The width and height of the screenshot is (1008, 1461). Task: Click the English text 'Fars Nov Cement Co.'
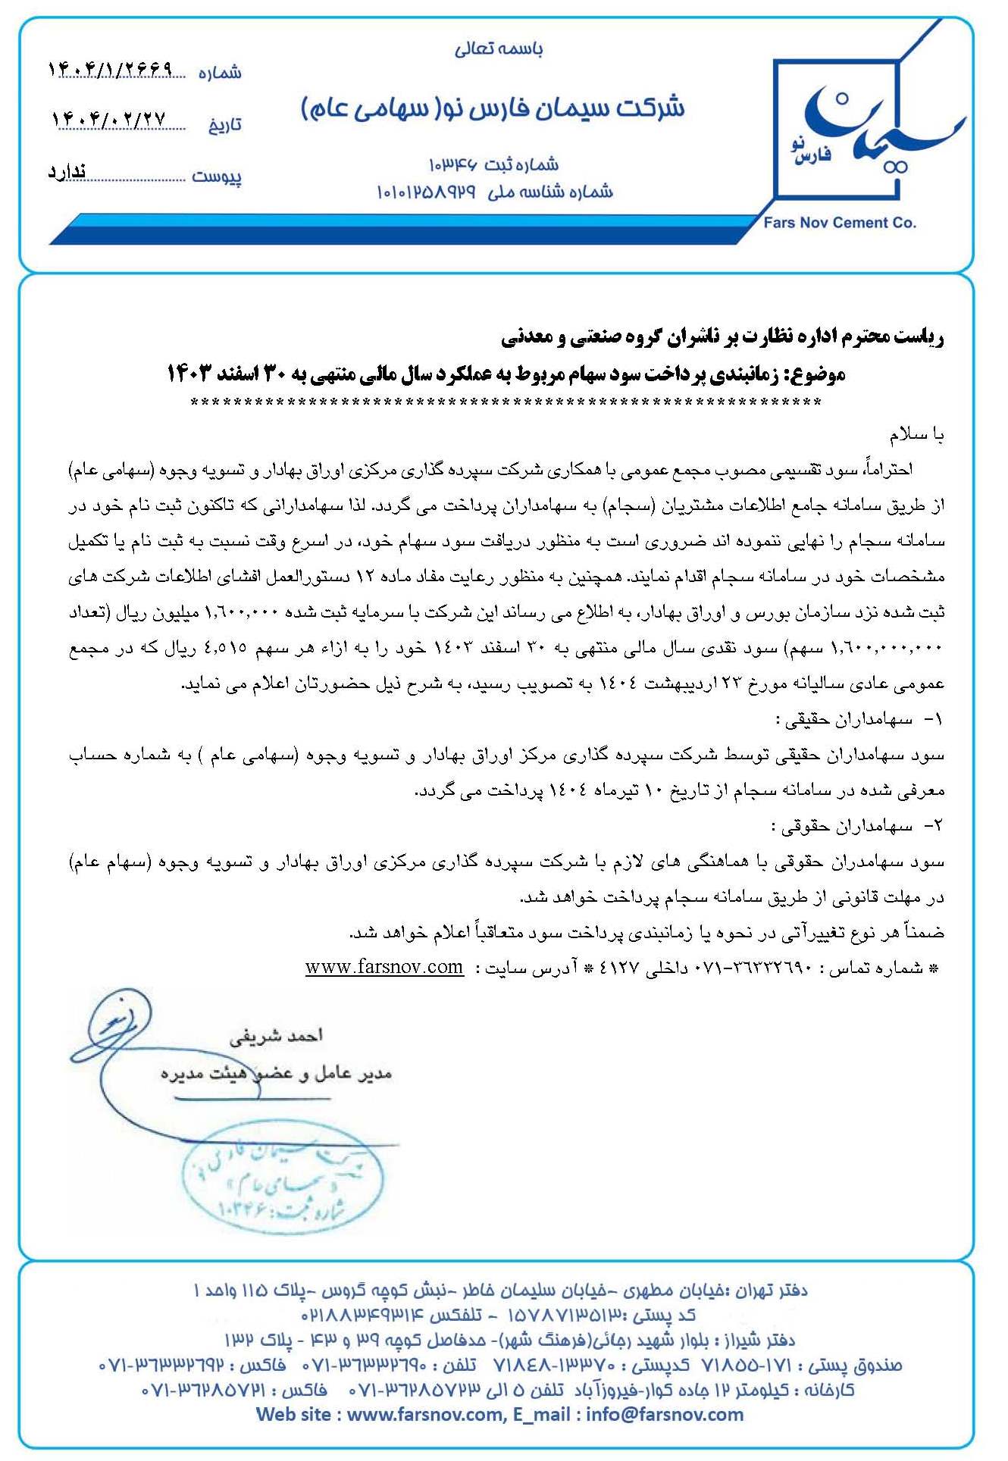tap(840, 223)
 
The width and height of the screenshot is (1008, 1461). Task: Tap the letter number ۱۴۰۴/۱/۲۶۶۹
tap(111, 70)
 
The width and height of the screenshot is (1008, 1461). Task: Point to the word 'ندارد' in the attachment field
tap(67, 173)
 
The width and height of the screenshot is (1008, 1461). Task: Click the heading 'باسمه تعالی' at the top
tap(498, 49)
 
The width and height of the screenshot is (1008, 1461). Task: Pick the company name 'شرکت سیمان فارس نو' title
tap(493, 108)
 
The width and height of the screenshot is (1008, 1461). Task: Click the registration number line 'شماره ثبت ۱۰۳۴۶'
tap(493, 164)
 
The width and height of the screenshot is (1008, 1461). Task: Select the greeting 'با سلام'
tap(916, 436)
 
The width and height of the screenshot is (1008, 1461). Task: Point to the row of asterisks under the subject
tap(506, 402)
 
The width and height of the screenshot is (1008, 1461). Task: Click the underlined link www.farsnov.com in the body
tap(384, 968)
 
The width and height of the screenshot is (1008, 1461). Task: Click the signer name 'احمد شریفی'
tap(276, 1035)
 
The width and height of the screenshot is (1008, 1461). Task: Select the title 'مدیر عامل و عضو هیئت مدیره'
tap(276, 1074)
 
